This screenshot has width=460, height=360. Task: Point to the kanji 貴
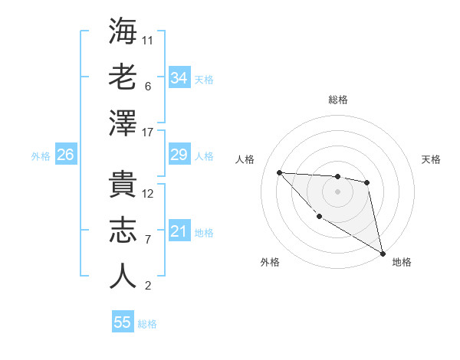click(x=123, y=185)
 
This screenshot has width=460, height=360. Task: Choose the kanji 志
click(x=123, y=231)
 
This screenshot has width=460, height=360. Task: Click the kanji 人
click(x=123, y=276)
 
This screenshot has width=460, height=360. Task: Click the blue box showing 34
click(x=179, y=78)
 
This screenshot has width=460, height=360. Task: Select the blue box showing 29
click(x=179, y=155)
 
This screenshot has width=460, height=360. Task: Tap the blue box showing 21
click(x=179, y=232)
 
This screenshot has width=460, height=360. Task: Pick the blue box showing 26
click(x=66, y=155)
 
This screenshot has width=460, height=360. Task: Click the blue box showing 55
click(x=123, y=322)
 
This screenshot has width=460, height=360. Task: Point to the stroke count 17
click(x=149, y=133)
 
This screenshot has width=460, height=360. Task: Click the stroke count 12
click(x=149, y=193)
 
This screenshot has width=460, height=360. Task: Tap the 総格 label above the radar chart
click(x=338, y=100)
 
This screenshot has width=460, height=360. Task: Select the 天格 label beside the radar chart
click(x=431, y=159)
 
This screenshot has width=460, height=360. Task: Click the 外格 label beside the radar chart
click(x=270, y=262)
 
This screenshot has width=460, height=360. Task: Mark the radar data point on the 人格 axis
click(x=279, y=172)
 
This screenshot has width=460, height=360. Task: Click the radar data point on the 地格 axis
click(x=383, y=254)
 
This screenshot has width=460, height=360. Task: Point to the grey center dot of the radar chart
click(x=337, y=191)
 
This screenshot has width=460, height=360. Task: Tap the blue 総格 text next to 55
click(x=148, y=324)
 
